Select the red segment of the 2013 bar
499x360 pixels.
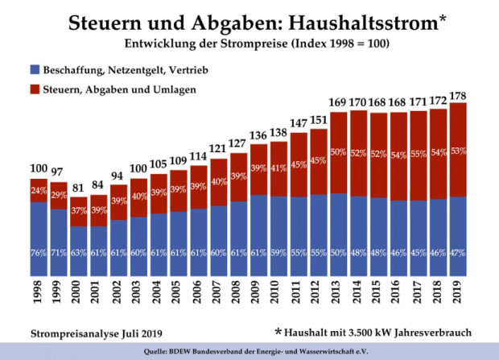pyautogui.click(x=337, y=153)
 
